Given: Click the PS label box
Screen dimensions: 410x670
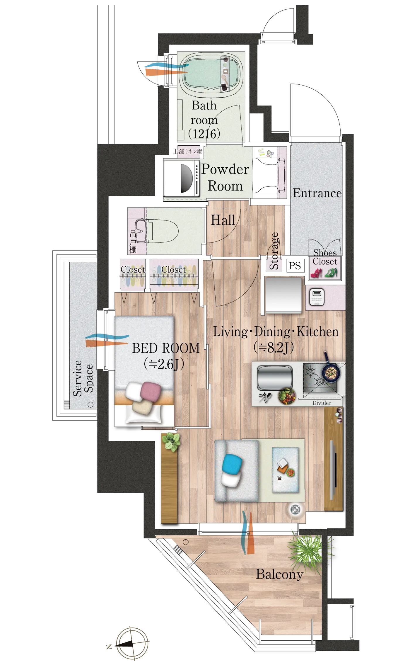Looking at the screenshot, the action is [295, 266].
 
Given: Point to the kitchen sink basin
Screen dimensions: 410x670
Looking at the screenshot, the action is [275, 377].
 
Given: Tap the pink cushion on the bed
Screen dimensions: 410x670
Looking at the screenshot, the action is [151, 392].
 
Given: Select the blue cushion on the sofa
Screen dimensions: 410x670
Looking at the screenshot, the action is [232, 463].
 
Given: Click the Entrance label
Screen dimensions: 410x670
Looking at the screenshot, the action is [317, 193].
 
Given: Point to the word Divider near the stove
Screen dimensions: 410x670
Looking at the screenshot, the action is [322, 403].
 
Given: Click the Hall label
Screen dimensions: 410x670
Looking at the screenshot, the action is [223, 220].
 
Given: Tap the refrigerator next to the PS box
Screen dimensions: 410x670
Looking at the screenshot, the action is [283, 294].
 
